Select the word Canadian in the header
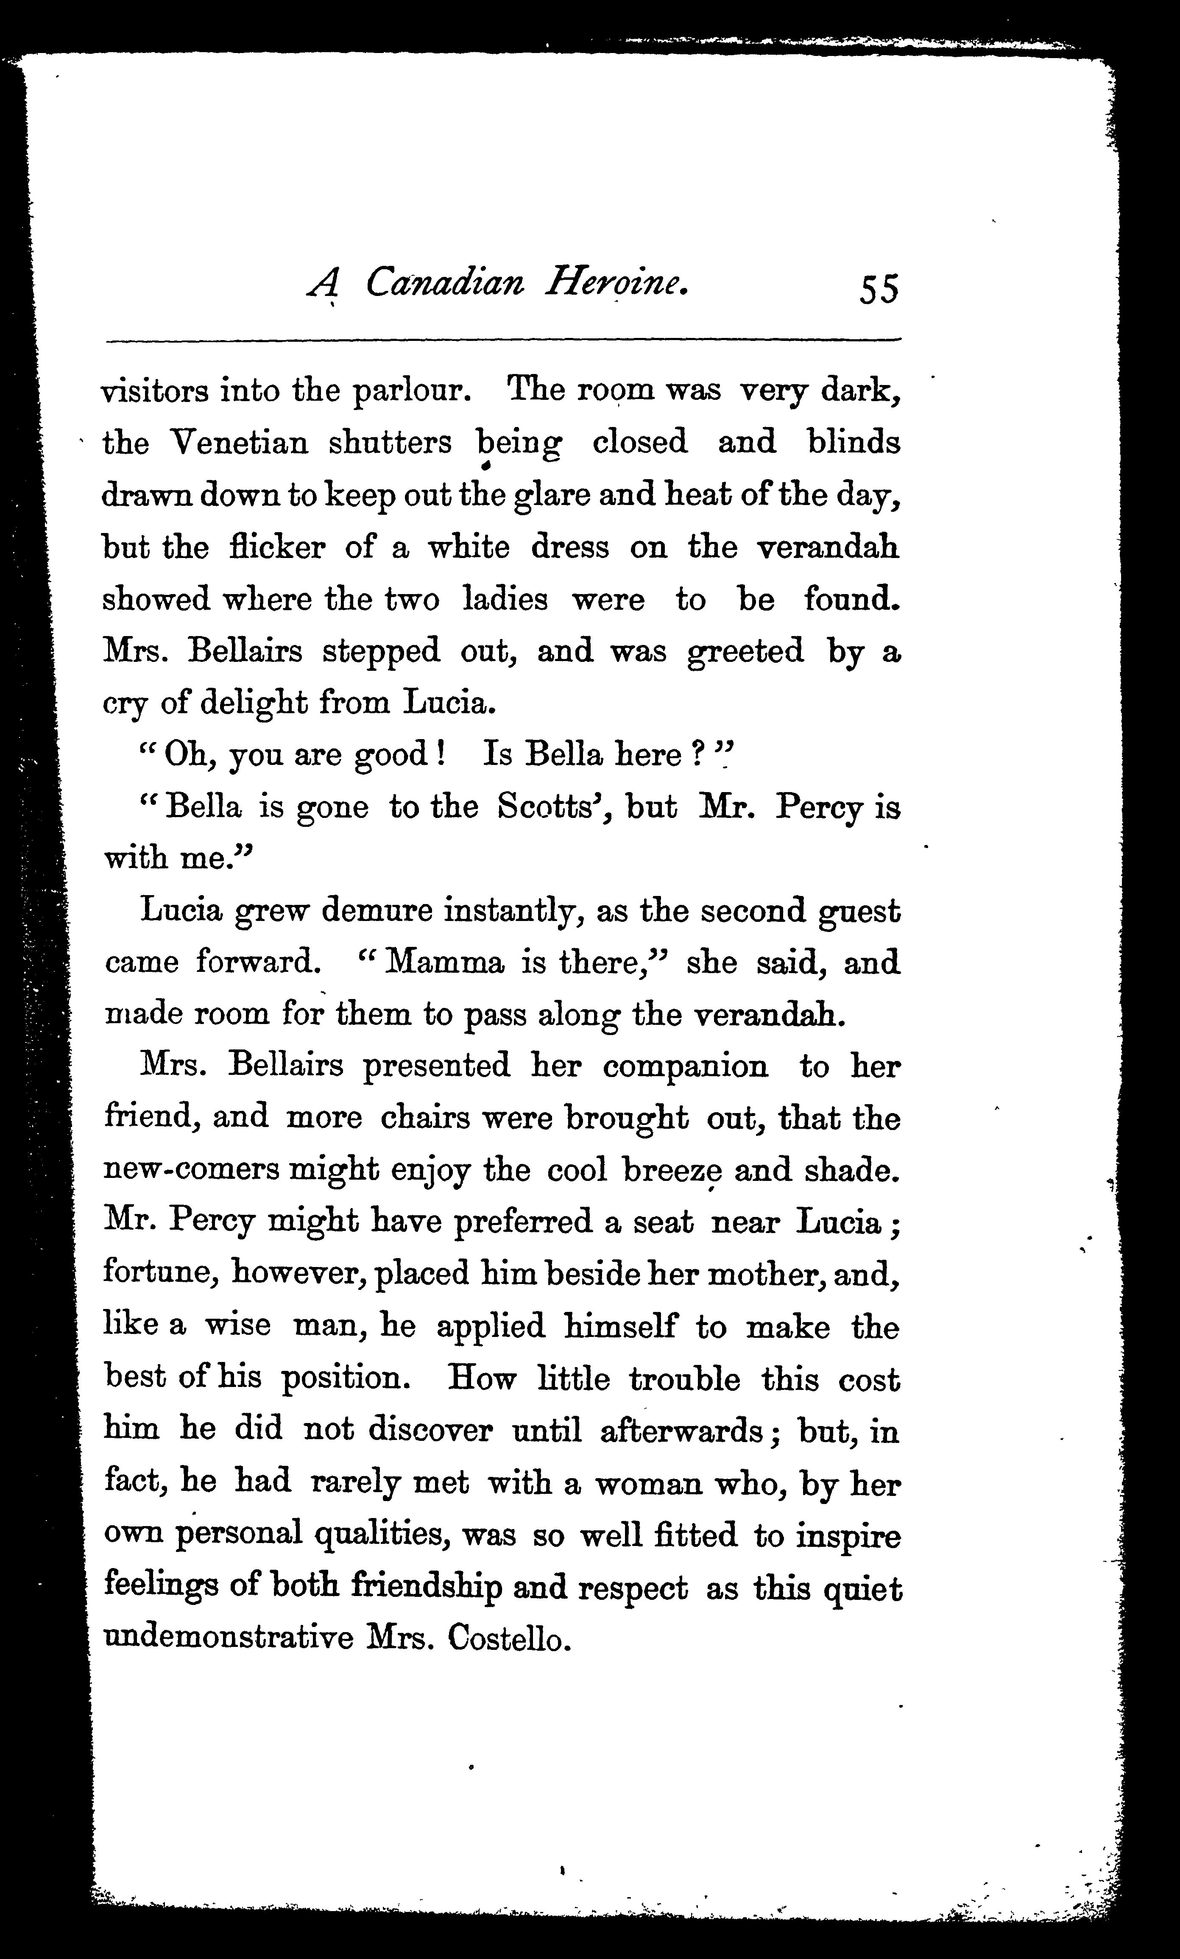click(x=445, y=283)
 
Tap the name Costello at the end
click(x=509, y=1639)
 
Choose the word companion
click(x=686, y=1066)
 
